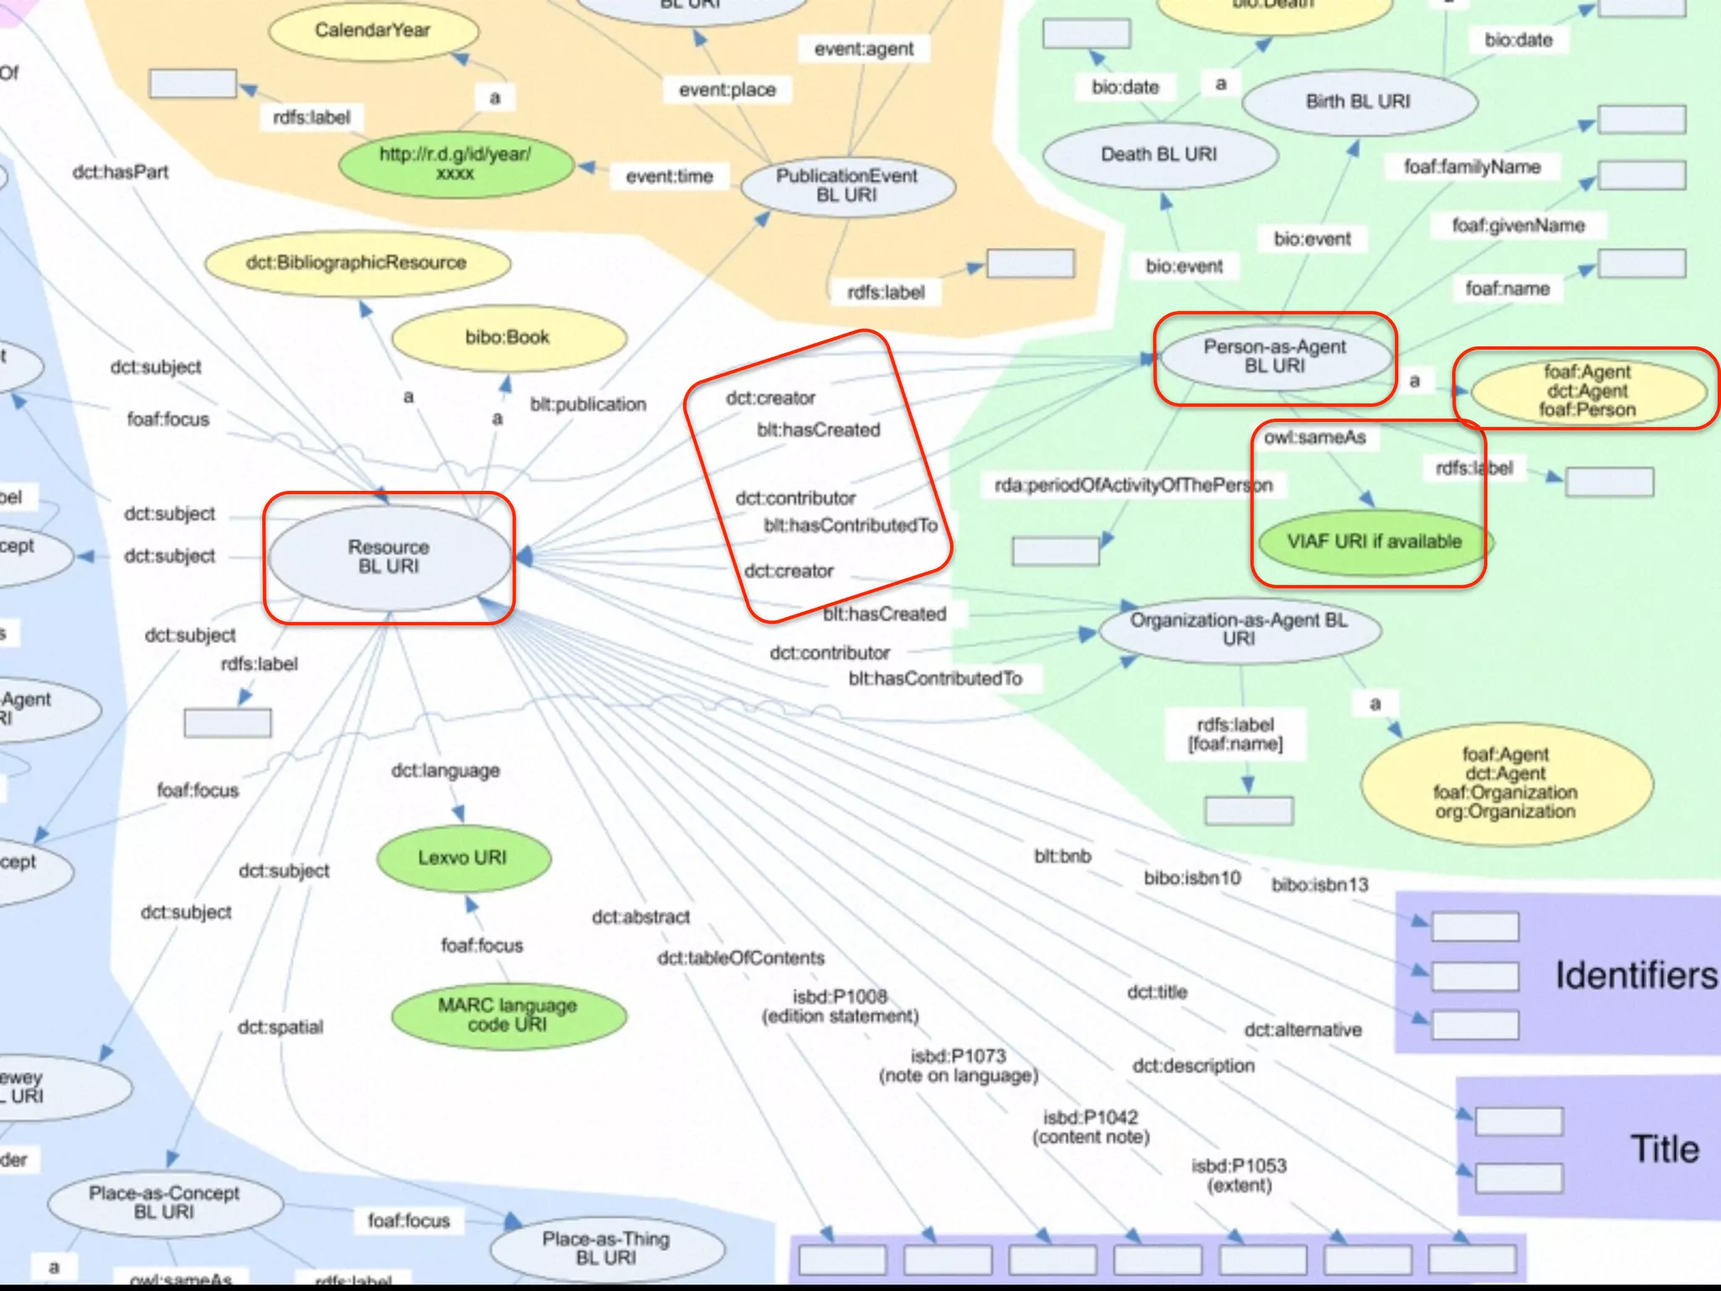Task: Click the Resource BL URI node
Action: (388, 556)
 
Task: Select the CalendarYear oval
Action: (372, 31)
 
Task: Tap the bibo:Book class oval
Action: (508, 338)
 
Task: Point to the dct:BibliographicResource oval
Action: (356, 263)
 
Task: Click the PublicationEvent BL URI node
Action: (847, 186)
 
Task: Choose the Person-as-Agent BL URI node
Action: (1274, 356)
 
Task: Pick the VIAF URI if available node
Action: (1374, 542)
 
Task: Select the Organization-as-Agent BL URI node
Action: (1239, 630)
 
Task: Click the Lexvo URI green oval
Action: (462, 858)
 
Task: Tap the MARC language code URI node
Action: (508, 1014)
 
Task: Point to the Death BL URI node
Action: (1159, 155)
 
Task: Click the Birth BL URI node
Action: (1358, 102)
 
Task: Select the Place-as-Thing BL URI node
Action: (606, 1248)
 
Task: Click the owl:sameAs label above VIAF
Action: (1314, 438)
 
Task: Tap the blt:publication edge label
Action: (588, 404)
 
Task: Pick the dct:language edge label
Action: (445, 771)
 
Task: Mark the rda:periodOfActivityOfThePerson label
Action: (1134, 486)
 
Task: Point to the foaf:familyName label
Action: (1472, 167)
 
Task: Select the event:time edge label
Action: (669, 177)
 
